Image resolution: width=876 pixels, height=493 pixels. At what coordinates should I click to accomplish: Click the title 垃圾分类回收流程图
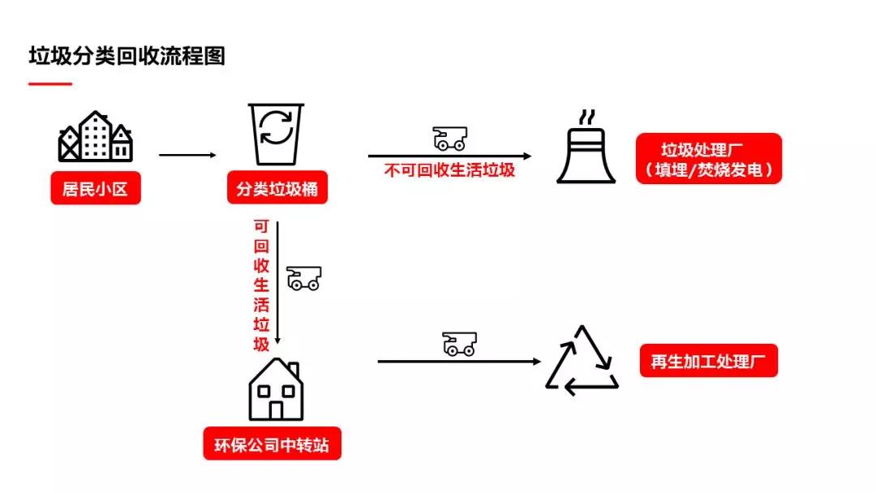coord(127,57)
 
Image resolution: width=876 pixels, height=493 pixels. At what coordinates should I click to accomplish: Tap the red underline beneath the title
coord(50,84)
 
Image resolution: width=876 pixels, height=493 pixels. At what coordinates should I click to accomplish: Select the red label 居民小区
coord(96,191)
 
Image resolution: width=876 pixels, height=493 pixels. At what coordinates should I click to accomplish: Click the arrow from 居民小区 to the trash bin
coord(187,155)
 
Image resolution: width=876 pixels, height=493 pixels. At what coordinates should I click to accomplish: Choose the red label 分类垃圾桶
coord(277,191)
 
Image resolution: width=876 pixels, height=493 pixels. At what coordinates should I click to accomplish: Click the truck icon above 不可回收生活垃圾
coord(449,139)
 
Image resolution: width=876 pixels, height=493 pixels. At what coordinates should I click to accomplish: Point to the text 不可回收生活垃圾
coord(449,170)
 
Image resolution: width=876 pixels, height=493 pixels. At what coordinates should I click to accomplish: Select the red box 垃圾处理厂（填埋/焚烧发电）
coord(709,159)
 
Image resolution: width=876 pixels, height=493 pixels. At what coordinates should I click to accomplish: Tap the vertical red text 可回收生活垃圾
coord(261,285)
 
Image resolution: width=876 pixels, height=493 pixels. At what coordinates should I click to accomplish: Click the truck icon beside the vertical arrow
coord(304,278)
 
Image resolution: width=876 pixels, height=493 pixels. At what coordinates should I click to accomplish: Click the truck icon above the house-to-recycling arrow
coord(459,344)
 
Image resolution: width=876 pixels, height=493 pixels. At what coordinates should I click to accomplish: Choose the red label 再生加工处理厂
coord(708,361)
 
